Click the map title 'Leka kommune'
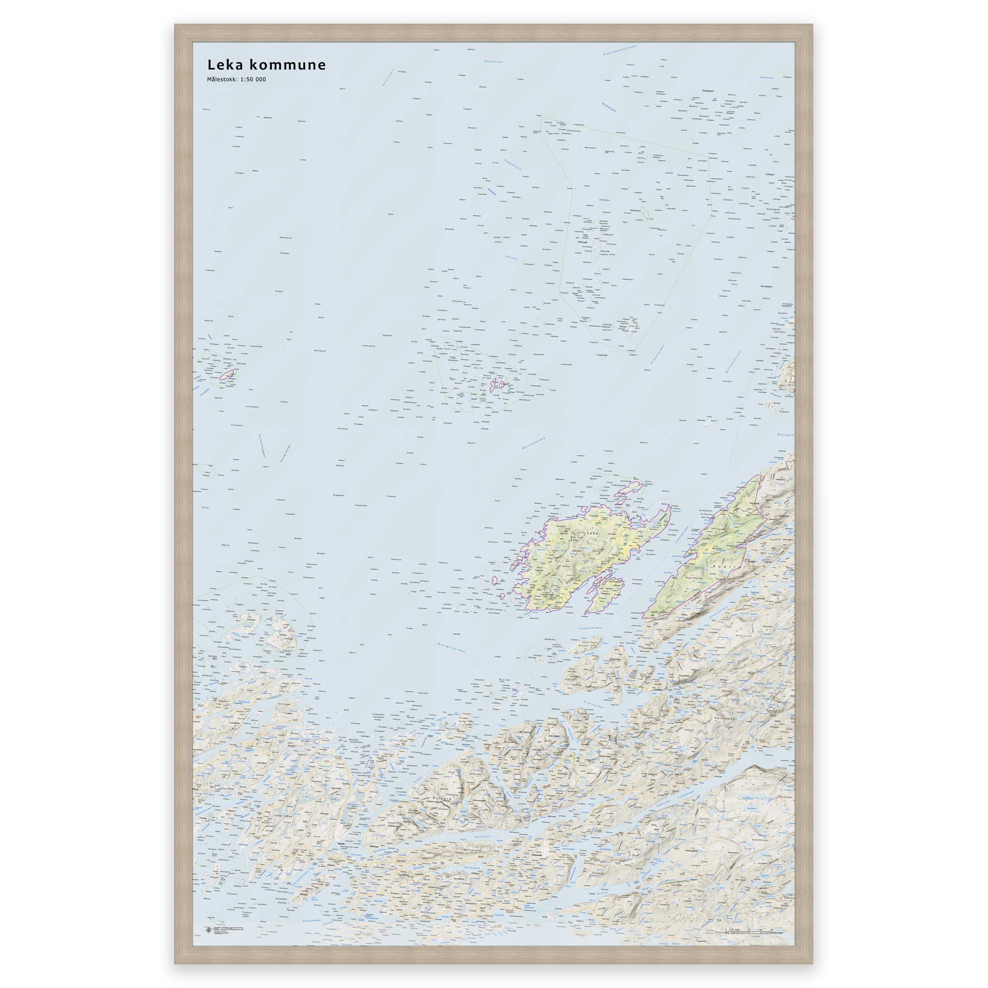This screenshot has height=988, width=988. click(x=266, y=65)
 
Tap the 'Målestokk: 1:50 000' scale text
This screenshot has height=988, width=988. click(x=236, y=79)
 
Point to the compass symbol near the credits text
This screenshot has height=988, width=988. click(x=208, y=930)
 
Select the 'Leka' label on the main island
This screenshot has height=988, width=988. click(x=592, y=533)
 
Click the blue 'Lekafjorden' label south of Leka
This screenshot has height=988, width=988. click(x=590, y=628)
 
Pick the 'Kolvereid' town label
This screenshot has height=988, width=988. click(x=536, y=854)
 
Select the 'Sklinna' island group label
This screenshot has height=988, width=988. click(x=241, y=364)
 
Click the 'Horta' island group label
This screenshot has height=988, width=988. click(x=478, y=368)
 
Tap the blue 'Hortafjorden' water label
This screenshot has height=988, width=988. click(x=534, y=443)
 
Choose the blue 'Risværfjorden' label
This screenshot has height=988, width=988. click(x=452, y=647)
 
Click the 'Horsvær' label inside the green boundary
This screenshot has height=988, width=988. click(x=582, y=242)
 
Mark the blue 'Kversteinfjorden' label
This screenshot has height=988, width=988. click(x=619, y=50)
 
